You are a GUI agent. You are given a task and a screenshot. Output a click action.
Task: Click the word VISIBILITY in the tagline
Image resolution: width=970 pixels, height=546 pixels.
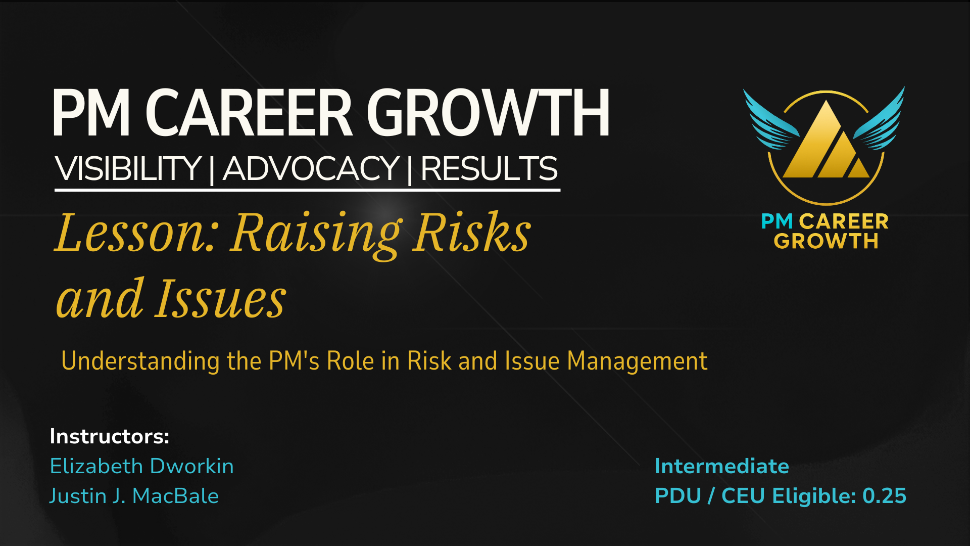pos(128,168)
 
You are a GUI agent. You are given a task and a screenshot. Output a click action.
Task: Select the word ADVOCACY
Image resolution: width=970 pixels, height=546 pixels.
pos(311,168)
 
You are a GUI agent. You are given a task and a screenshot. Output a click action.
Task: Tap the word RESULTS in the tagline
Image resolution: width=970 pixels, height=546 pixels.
pos(489,168)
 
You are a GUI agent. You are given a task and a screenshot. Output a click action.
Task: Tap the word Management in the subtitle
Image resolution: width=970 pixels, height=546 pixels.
pos(637,361)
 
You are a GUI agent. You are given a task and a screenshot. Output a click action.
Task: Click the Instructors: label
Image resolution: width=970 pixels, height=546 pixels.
pos(110,436)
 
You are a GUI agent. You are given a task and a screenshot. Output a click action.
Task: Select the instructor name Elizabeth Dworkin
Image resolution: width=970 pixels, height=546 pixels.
pos(142,466)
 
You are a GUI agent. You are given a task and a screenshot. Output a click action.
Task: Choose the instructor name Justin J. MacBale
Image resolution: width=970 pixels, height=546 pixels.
pos(134,496)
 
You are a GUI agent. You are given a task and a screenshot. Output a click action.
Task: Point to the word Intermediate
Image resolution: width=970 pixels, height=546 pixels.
pos(722,466)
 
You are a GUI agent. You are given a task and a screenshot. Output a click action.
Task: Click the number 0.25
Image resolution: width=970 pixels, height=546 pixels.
pos(885,496)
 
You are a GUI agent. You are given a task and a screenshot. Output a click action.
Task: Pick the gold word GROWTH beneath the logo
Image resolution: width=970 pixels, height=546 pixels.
pos(826,241)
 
